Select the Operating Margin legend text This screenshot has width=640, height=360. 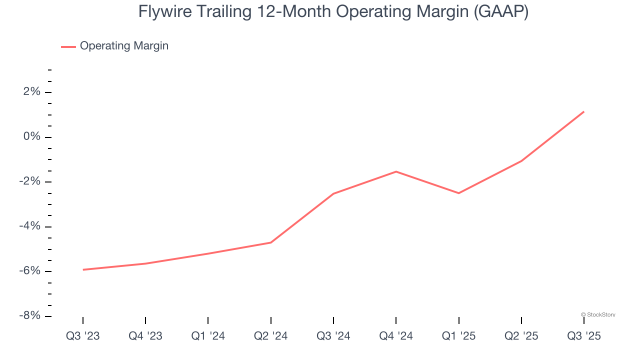click(124, 46)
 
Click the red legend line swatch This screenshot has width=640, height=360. click(68, 46)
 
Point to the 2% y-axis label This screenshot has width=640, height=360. click(31, 92)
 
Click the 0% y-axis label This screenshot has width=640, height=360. click(31, 137)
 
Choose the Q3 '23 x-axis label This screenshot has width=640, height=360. click(83, 336)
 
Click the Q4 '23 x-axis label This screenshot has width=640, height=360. click(145, 336)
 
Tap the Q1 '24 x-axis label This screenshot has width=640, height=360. click(208, 336)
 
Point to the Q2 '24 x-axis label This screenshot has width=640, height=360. click(271, 336)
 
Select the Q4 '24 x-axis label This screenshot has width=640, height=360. click(396, 336)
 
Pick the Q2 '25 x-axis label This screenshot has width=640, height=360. click(521, 336)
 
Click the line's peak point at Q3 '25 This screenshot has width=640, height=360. click(583, 112)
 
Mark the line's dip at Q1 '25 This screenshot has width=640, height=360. click(458, 193)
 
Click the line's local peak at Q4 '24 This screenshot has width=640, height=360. click(396, 171)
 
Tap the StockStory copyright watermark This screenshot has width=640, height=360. click(598, 315)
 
